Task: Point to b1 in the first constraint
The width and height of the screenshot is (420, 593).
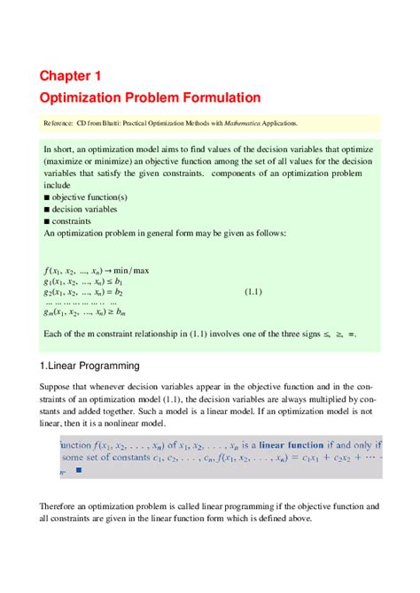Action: click(x=120, y=280)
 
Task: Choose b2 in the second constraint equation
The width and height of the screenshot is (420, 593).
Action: click(x=118, y=290)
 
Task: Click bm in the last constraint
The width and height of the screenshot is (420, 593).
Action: click(x=121, y=312)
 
